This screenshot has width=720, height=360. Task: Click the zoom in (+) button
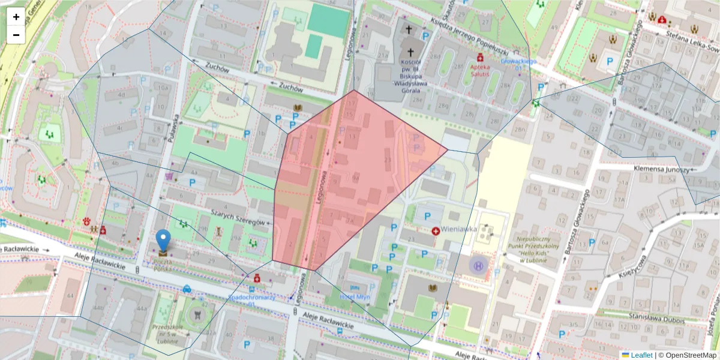click(16, 17)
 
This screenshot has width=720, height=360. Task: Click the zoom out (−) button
click(16, 35)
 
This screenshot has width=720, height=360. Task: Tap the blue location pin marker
click(163, 241)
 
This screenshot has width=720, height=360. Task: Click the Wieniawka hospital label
click(458, 229)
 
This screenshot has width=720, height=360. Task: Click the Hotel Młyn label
click(355, 296)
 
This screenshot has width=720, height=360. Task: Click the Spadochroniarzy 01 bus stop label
click(252, 300)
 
